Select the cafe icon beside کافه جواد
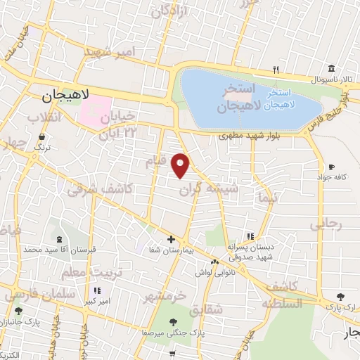pos(331,167)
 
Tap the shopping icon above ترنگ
pos(43,136)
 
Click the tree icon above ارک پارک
pos(341,297)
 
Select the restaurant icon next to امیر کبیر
pos(97,290)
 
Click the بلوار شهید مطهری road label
pos(242,135)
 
